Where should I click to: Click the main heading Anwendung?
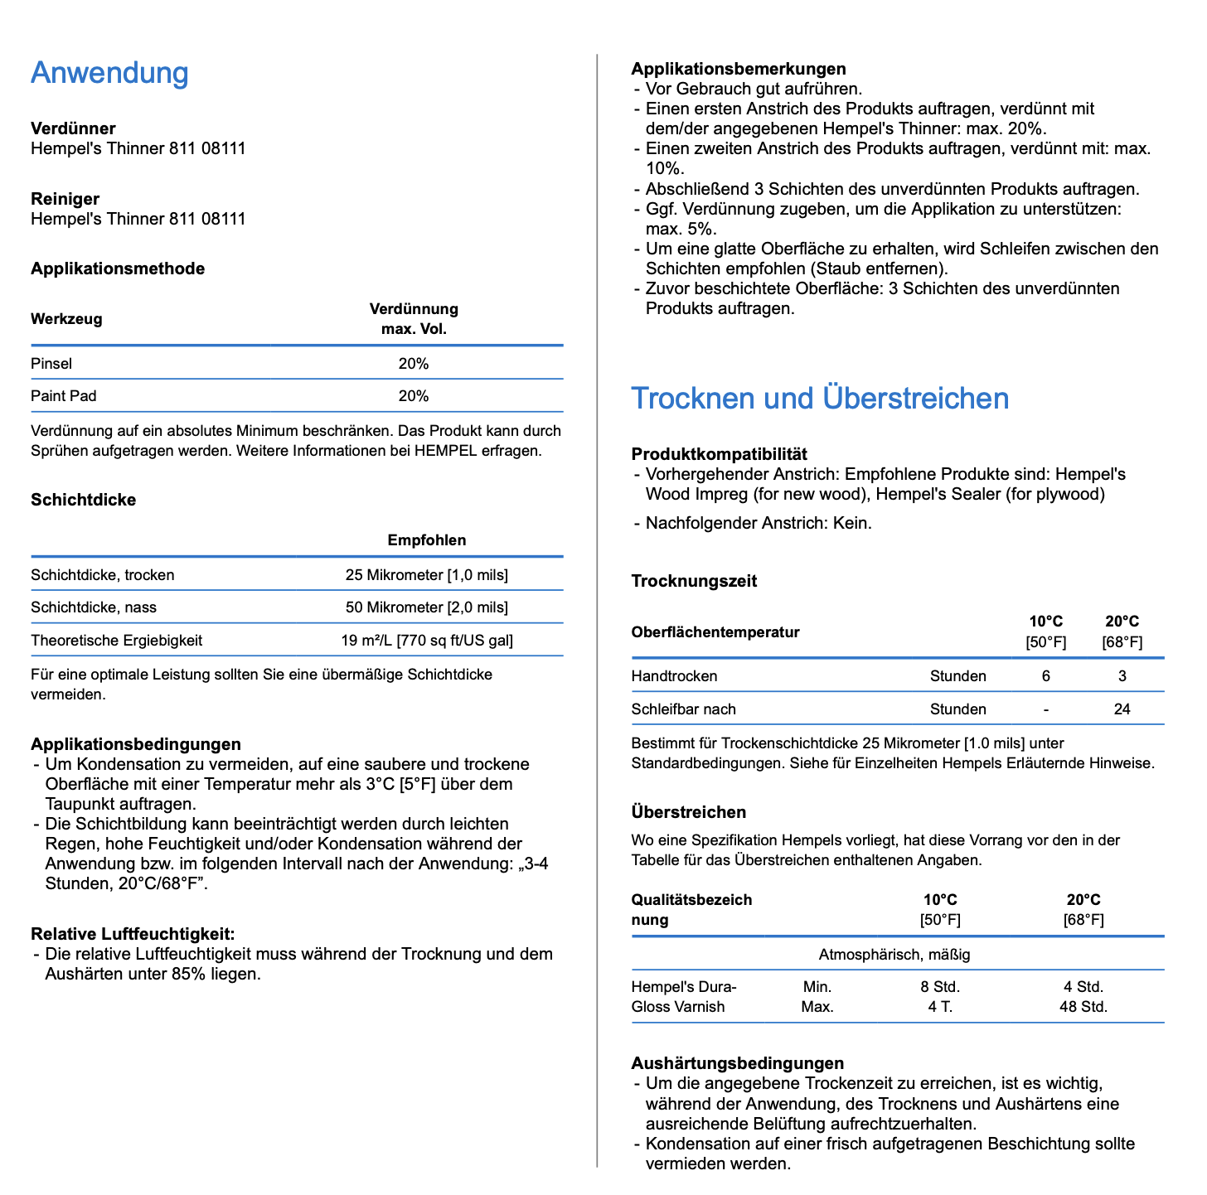109,73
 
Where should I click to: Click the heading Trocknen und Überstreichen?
820,399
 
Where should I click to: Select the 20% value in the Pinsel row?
414,364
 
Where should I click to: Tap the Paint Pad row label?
64,396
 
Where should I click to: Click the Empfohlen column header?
427,540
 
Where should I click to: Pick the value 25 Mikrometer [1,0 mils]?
427,575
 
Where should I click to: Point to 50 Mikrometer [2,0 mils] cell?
427,607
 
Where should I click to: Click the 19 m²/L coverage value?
427,641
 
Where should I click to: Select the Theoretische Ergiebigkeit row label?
117,641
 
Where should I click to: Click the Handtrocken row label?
675,676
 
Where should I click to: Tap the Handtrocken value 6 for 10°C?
1046,676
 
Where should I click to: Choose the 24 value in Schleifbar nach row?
1122,709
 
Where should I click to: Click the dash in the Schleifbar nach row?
1046,709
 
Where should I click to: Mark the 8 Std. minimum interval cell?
940,987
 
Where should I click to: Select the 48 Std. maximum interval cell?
1083,1007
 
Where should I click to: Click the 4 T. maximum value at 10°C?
940,1007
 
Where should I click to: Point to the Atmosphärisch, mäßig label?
894,955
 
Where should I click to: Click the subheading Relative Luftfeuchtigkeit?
133,934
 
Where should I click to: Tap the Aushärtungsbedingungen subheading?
738,1063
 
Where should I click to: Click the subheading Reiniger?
65,199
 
